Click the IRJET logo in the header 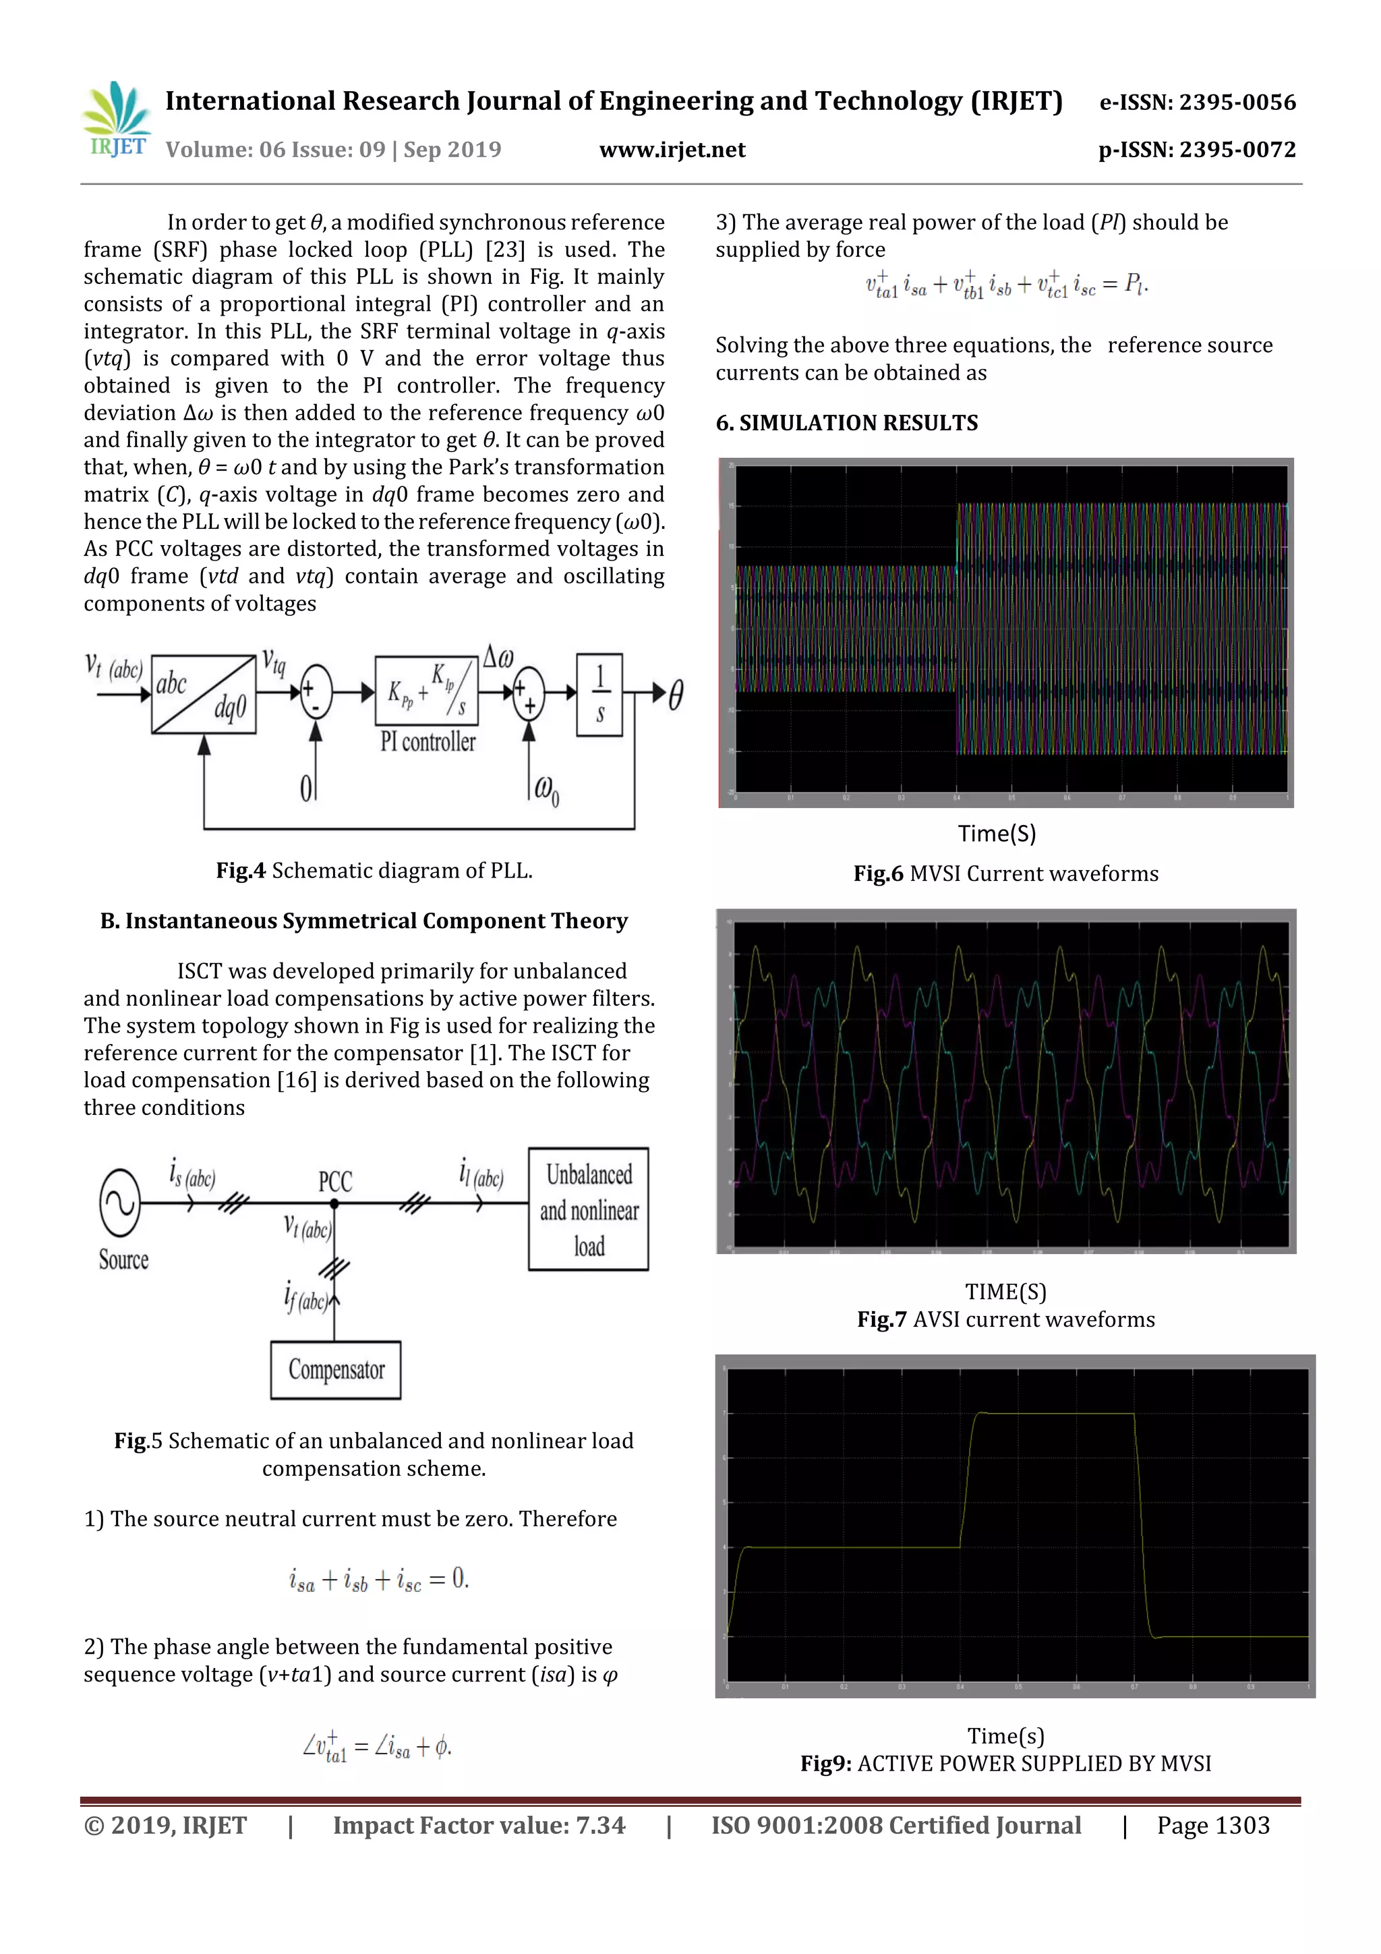coord(117,120)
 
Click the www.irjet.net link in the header coord(672,150)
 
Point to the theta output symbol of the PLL coord(676,695)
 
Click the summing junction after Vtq coord(316,692)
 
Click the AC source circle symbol coord(120,1203)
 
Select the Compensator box coord(336,1369)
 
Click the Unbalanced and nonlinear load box coord(589,1209)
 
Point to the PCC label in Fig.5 coord(335,1181)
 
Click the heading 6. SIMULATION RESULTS coord(847,423)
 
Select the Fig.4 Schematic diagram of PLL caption coord(374,871)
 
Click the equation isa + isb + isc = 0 coord(379,1580)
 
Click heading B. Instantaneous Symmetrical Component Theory coord(364,921)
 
